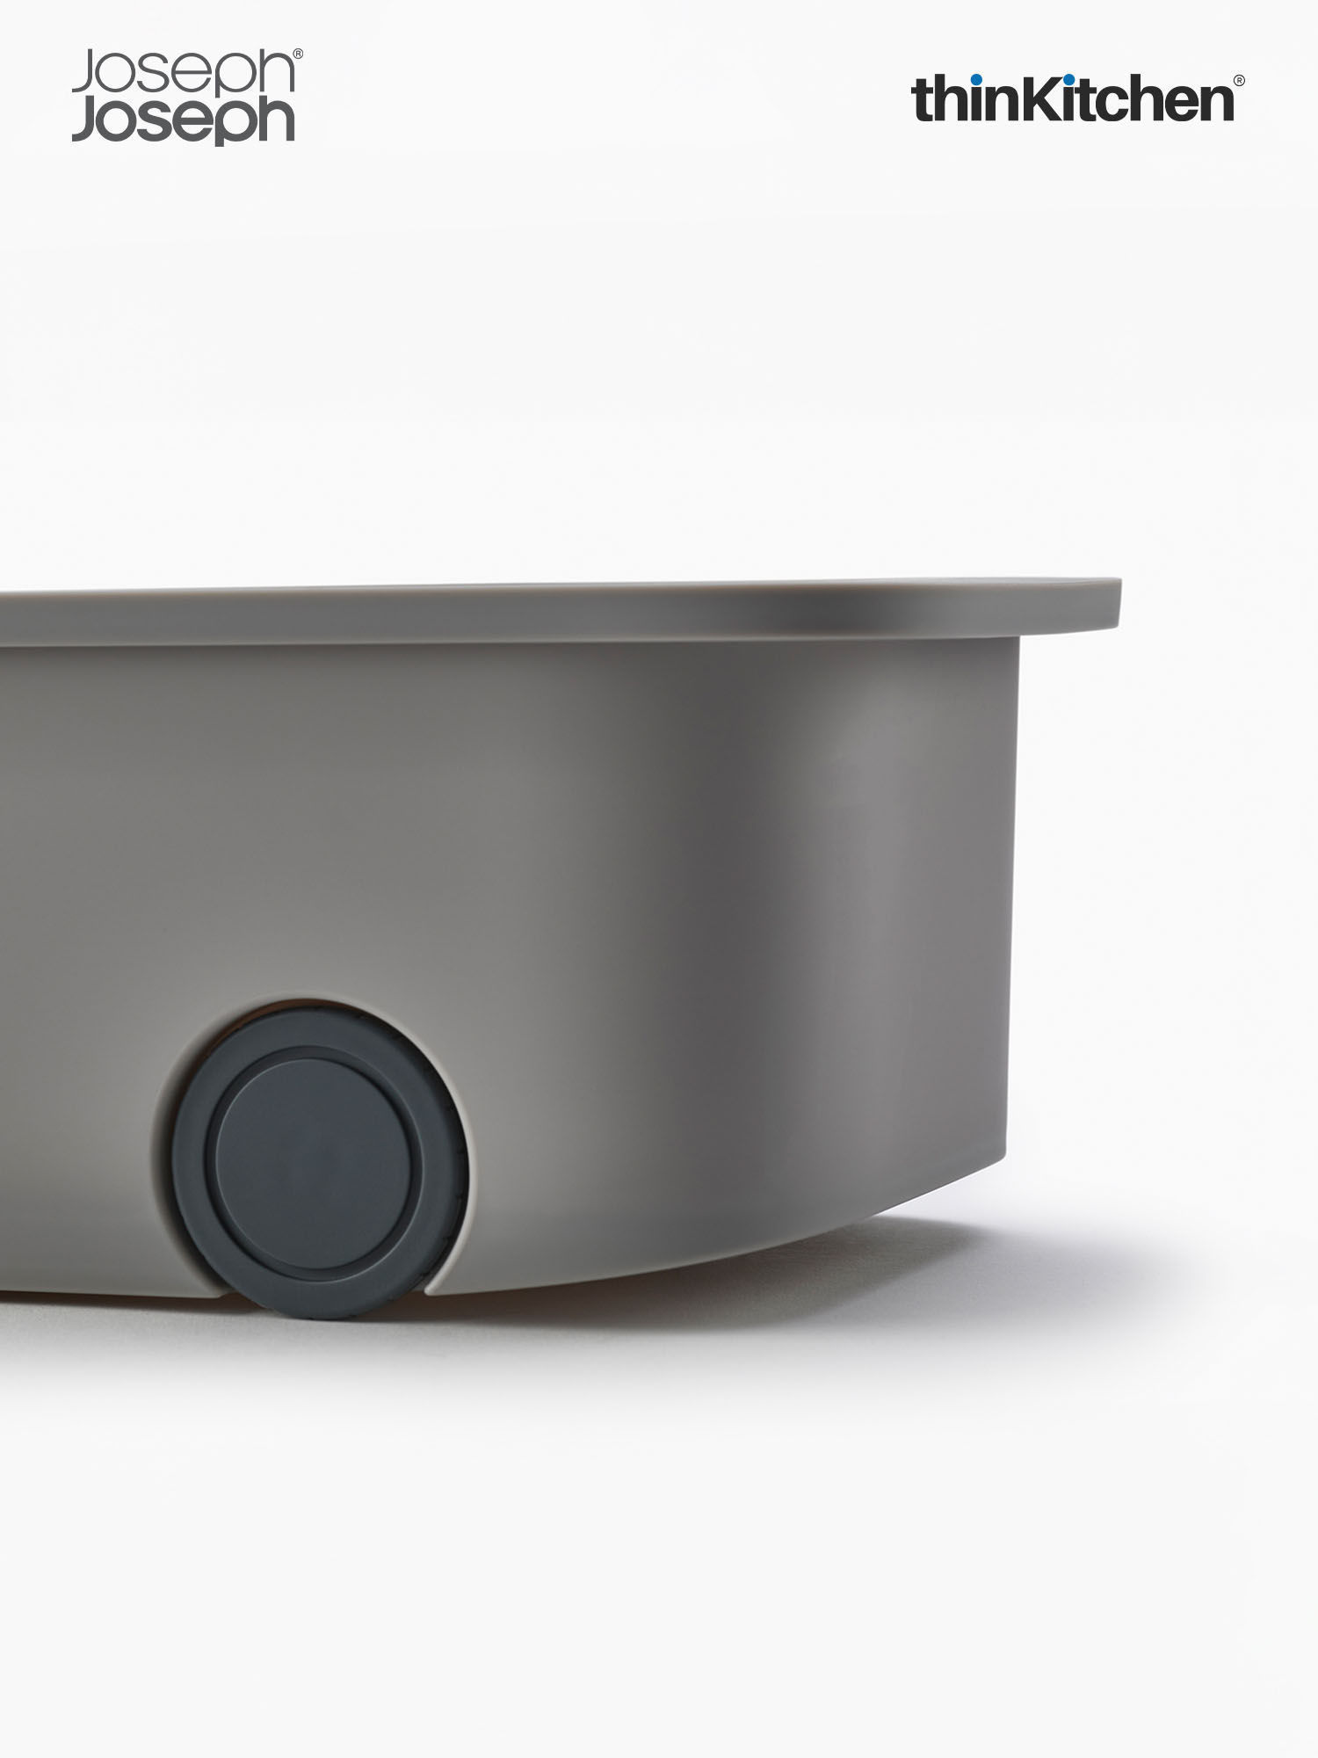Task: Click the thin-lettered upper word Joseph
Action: (x=182, y=76)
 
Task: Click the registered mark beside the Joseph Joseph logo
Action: (x=298, y=54)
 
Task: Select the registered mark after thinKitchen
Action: (x=1239, y=80)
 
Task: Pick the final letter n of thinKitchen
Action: (x=1213, y=104)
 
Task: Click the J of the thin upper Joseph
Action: (x=83, y=73)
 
